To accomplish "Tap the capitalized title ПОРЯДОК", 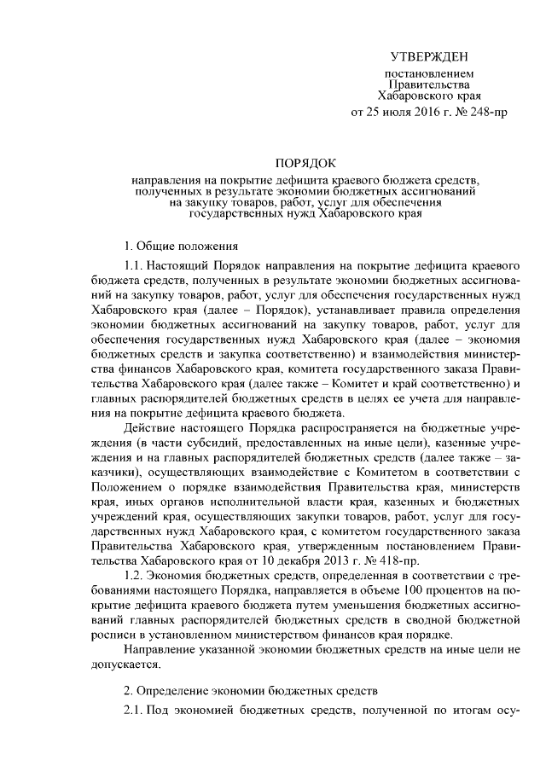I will click(x=306, y=161).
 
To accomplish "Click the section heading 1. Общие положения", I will click(x=176, y=246).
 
